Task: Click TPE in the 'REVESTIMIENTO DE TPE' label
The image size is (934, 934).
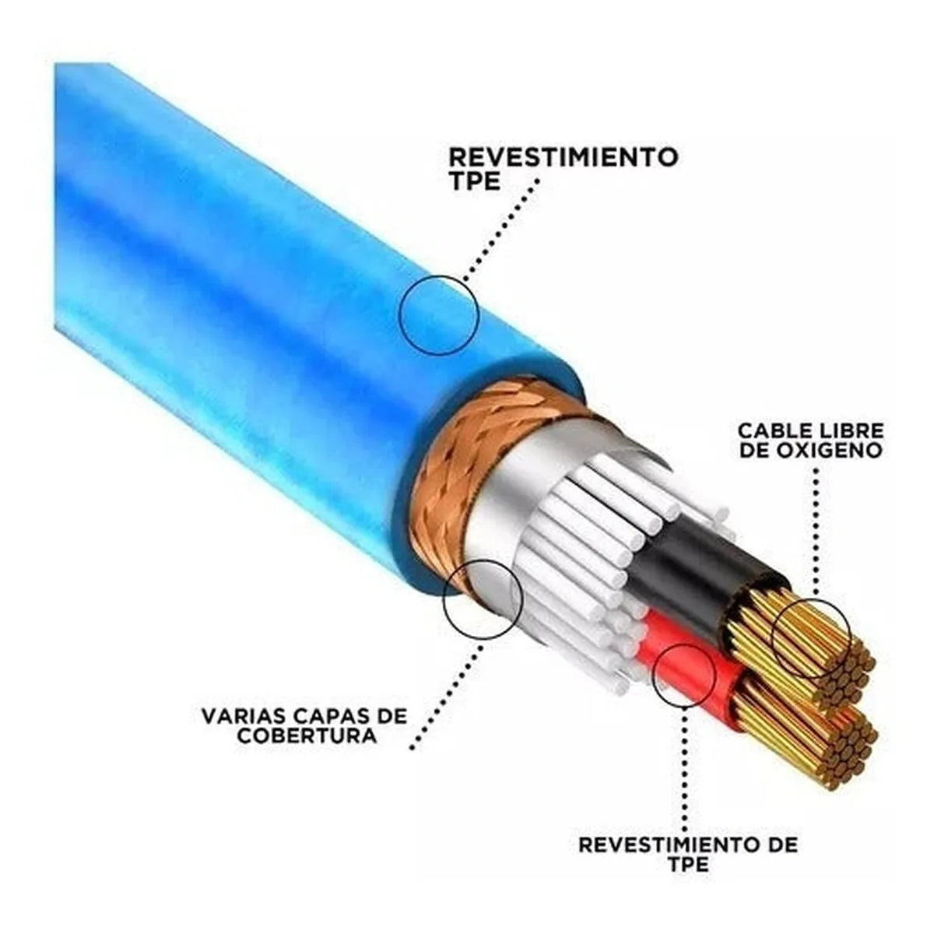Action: (688, 864)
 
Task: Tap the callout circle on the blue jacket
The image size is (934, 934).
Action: (438, 315)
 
